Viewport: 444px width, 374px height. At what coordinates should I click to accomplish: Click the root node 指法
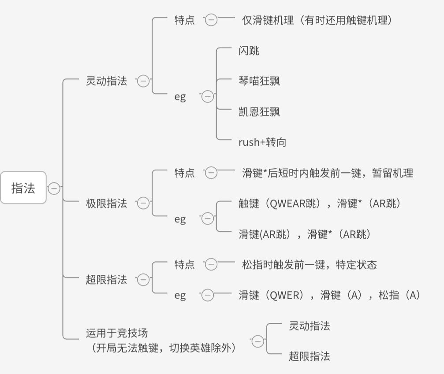pos(23,188)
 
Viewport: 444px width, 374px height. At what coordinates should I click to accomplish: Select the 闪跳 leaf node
pos(249,51)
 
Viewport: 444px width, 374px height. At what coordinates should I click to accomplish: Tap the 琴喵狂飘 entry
pos(259,81)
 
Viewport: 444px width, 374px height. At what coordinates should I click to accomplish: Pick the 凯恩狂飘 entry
pos(259,111)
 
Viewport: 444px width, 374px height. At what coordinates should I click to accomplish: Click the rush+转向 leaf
pos(262,142)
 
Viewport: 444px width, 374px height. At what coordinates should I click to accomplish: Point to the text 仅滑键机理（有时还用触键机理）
pos(317,20)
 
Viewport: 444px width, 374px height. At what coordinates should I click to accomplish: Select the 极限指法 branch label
pos(106,203)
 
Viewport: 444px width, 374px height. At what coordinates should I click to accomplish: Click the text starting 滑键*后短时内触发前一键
pos(328,173)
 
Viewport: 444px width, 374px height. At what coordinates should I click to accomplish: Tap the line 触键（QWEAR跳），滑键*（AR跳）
pos(320,203)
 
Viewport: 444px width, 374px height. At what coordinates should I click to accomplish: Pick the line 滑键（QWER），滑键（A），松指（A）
pos(329,295)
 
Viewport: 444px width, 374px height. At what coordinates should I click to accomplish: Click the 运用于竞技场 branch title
pos(120,333)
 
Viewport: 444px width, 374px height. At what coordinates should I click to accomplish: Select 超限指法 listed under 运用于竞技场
pos(310,356)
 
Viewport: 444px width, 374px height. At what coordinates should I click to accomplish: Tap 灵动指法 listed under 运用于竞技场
pos(310,326)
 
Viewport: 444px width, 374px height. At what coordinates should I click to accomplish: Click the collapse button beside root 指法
pos(54,189)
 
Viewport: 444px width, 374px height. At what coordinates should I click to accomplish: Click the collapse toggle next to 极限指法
pos(143,203)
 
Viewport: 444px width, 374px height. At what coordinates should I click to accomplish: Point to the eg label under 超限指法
pos(180,295)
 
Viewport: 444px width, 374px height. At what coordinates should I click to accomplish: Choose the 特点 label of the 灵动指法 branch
pos(184,20)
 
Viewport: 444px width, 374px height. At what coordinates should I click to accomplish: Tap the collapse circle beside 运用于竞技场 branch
pos(258,341)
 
